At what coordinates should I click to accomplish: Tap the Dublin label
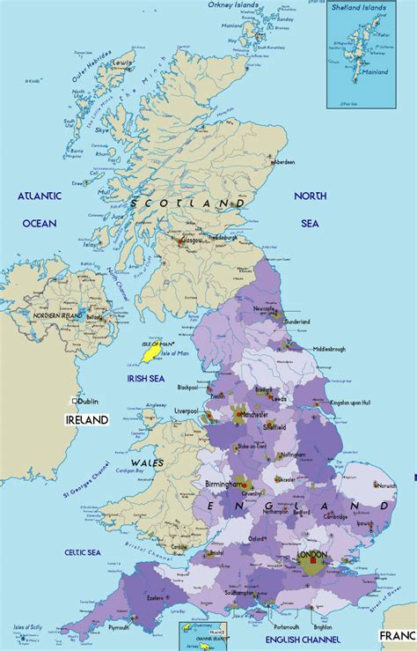pyautogui.click(x=89, y=400)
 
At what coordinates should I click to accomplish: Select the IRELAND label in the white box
pyautogui.click(x=87, y=420)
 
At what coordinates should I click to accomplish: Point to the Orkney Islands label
pyautogui.click(x=234, y=5)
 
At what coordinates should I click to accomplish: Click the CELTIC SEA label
pyautogui.click(x=83, y=551)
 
